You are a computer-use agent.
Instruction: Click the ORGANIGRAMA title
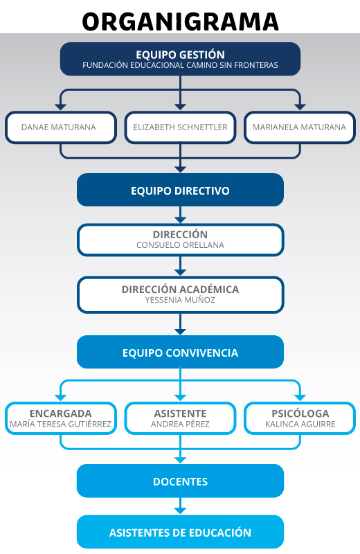180,21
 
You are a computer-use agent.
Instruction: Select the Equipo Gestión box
180,59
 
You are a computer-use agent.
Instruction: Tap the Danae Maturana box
61,127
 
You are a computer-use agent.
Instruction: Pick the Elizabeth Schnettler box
180,127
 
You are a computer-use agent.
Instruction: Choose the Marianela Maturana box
300,127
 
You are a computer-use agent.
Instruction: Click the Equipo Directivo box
180,190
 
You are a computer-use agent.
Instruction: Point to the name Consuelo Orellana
180,245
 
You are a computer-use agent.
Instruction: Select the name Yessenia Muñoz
180,300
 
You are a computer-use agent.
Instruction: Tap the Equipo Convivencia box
180,352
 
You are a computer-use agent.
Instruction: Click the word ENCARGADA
61,413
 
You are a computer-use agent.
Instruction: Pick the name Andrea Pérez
180,424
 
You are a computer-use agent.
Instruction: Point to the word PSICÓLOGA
300,413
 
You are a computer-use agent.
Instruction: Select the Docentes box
180,481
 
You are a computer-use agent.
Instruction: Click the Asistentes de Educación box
180,532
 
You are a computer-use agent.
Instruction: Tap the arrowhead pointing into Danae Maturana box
61,107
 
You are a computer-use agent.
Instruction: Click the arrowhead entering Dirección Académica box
180,272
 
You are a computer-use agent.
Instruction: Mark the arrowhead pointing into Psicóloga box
300,397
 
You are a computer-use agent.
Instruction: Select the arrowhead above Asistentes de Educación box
180,510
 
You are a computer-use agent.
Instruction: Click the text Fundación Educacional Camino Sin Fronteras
180,65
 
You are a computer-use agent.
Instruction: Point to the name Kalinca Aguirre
300,424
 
